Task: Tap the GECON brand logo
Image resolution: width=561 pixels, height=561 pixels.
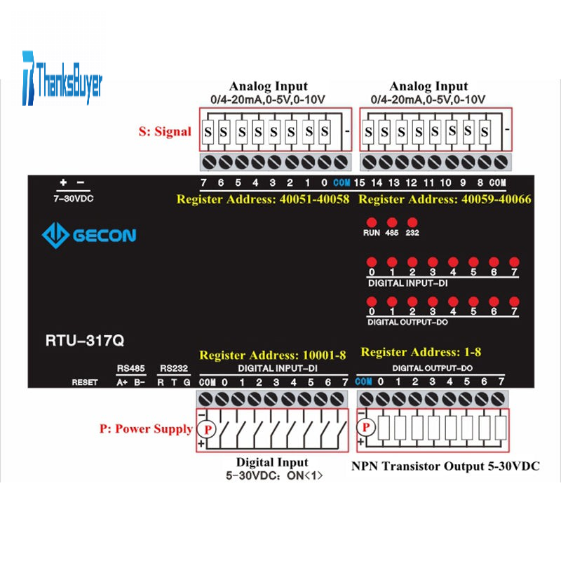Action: [x=89, y=234]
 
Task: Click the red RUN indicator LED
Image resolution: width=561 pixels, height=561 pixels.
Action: [x=372, y=222]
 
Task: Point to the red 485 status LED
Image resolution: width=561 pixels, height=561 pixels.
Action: [x=392, y=222]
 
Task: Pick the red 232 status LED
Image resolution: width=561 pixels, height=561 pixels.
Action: [x=412, y=222]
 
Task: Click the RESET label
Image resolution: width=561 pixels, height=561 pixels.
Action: [x=85, y=382]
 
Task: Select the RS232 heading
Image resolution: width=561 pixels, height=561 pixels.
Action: [x=174, y=368]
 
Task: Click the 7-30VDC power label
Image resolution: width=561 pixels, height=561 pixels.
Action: [x=74, y=198]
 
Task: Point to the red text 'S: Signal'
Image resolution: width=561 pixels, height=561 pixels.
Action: [x=163, y=131]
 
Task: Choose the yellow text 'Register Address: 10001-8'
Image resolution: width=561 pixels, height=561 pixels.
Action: [x=273, y=356]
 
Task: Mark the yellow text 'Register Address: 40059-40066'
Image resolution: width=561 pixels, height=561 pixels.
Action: [x=445, y=200]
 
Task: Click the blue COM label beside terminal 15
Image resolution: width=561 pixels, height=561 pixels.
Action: [x=342, y=184]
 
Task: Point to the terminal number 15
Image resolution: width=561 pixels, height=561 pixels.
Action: [x=360, y=184]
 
